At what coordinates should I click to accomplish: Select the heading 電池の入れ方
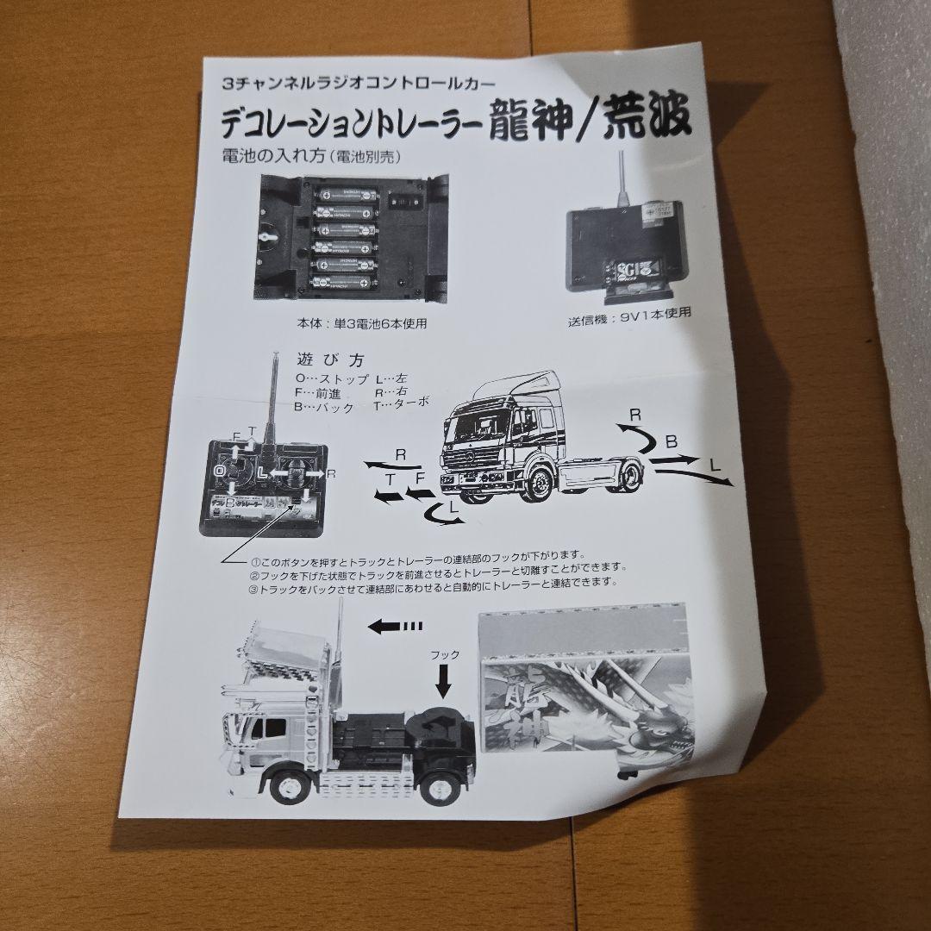269,158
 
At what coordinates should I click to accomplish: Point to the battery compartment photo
354,234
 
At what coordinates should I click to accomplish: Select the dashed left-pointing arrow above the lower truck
394,626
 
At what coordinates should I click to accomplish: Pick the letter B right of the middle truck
671,442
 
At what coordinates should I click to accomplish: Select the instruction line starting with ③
434,582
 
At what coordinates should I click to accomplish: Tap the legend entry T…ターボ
401,407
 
